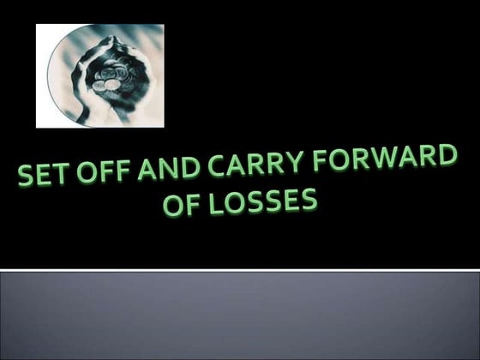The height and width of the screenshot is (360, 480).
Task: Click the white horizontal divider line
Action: tap(240, 271)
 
